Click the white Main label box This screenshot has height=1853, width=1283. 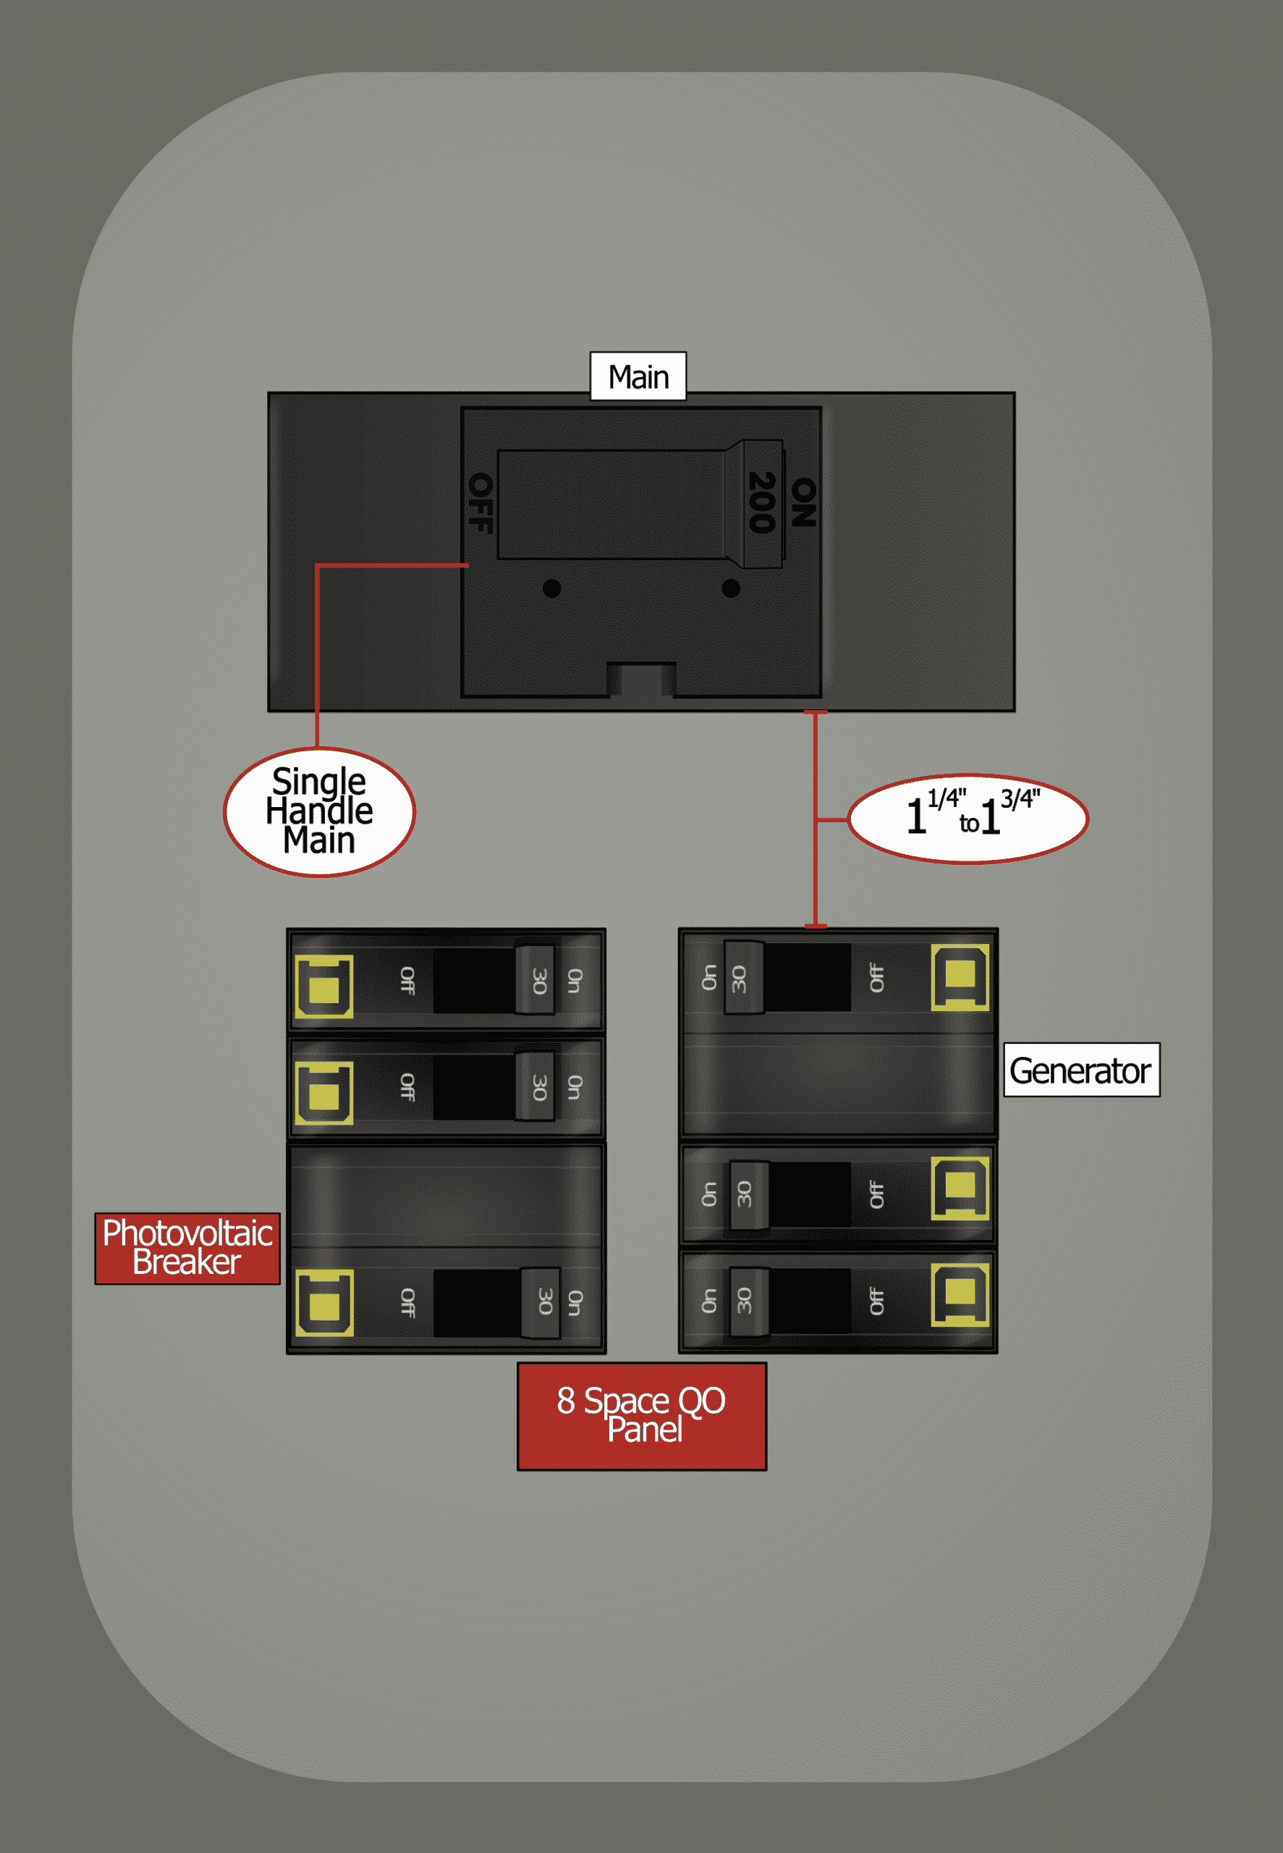[x=638, y=376]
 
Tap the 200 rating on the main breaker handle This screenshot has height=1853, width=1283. [x=761, y=502]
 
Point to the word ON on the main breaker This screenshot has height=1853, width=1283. [x=803, y=502]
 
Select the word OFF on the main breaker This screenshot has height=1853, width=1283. [x=480, y=502]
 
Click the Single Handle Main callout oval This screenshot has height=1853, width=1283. [x=319, y=811]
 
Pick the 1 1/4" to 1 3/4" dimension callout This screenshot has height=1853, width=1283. [x=968, y=819]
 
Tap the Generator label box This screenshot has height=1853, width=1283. [x=1080, y=1070]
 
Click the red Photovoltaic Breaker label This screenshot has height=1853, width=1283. [x=187, y=1248]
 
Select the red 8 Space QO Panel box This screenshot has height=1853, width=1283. [x=641, y=1416]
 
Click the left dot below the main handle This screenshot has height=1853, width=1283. [x=551, y=588]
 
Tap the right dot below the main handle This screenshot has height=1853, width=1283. [x=731, y=588]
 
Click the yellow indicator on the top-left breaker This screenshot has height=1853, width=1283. [x=324, y=987]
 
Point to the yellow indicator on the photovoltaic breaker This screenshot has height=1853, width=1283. [x=324, y=1303]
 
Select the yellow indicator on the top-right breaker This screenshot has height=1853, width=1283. [x=960, y=976]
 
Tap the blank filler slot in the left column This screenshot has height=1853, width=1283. [x=446, y=1196]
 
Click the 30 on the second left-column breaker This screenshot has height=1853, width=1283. [x=538, y=1088]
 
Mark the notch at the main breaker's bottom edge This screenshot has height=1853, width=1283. [x=640, y=679]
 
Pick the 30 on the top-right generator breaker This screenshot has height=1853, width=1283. [x=739, y=979]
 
